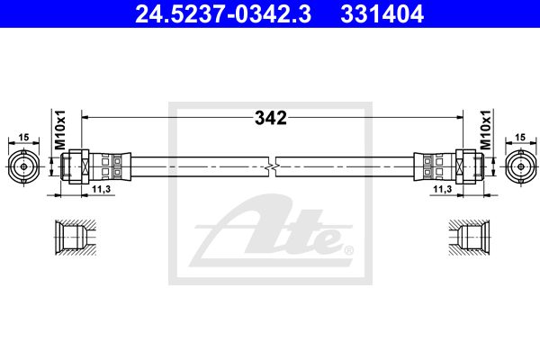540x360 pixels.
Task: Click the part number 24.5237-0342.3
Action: tap(223, 14)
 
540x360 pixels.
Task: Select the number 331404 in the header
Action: tap(382, 14)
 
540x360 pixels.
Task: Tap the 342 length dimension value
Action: tap(271, 118)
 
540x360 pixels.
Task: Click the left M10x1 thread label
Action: tap(60, 130)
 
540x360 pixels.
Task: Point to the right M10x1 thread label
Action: tap(485, 130)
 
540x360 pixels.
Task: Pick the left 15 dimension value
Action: tap(23, 137)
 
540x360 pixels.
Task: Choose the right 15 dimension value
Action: tap(520, 137)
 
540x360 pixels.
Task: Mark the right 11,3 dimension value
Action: tap(443, 189)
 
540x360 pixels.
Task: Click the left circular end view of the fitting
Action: tap(23, 166)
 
